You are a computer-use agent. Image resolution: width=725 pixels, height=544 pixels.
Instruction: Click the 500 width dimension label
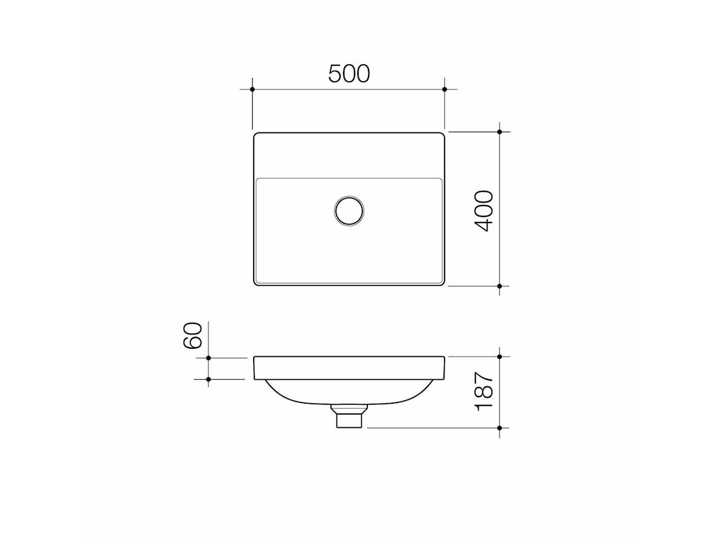tap(349, 74)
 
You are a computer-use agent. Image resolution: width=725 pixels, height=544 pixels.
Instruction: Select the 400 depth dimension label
tap(484, 210)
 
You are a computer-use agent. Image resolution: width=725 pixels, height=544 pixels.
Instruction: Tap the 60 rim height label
tap(193, 335)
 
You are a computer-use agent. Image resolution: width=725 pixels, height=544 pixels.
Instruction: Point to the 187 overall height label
tap(484, 392)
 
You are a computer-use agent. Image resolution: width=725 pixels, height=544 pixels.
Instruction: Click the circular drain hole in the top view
tap(349, 210)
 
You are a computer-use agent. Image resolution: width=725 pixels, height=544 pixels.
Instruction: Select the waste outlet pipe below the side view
tap(349, 418)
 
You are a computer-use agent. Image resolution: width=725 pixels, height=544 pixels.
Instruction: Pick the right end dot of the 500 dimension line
tap(445, 89)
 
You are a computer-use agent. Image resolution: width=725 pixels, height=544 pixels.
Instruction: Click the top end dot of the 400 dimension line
tap(500, 132)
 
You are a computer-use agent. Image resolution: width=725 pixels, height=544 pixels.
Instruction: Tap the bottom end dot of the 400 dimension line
tap(500, 285)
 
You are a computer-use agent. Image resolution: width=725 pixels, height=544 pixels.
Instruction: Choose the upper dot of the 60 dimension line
tap(208, 358)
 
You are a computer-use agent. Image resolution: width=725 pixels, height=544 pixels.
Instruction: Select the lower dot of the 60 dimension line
tap(208, 380)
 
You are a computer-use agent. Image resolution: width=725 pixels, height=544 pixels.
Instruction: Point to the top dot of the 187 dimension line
tap(500, 357)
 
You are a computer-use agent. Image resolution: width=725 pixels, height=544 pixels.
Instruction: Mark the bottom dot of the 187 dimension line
tap(500, 427)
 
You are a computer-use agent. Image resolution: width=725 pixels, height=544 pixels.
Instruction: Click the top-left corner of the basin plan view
tap(255, 134)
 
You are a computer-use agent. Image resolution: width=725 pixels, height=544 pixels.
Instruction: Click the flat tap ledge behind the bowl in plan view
tap(349, 155)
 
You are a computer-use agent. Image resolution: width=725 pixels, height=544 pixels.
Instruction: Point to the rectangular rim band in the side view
tap(349, 368)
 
